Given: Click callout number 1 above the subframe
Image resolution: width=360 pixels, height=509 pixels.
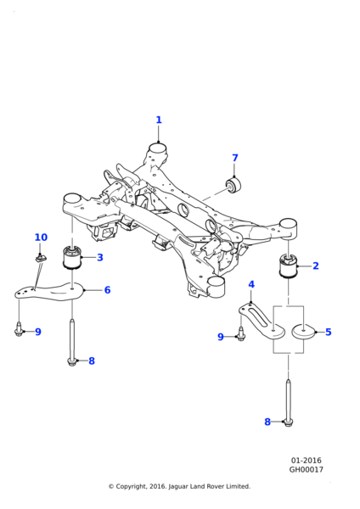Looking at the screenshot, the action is (159, 120).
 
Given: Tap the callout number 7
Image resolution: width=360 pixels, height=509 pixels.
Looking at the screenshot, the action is (235, 158).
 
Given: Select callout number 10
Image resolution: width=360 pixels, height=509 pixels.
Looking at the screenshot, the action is (41, 238).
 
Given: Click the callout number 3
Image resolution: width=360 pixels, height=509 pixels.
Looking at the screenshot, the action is (99, 257).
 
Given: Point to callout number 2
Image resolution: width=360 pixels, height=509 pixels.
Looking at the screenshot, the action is (316, 266).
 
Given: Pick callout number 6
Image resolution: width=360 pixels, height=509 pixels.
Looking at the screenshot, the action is (107, 290).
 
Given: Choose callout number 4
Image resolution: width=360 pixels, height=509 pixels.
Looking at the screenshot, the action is (251, 285).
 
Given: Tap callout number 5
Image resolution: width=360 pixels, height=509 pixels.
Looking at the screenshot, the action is (328, 332).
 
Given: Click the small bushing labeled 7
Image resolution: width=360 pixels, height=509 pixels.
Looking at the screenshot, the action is (233, 187).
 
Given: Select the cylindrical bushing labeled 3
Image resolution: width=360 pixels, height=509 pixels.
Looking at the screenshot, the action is (72, 257).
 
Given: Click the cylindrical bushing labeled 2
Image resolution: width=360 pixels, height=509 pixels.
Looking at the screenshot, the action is (289, 266).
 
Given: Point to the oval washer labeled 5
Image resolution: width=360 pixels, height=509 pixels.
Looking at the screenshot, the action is (303, 332).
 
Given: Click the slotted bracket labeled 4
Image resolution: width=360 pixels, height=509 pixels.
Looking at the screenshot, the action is (262, 322).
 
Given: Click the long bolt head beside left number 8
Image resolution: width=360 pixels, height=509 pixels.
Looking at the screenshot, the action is (71, 361).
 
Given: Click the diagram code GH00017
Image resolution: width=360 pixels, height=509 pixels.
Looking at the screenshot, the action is (307, 469).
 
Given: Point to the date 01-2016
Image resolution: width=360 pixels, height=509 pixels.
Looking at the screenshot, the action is (307, 461).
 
